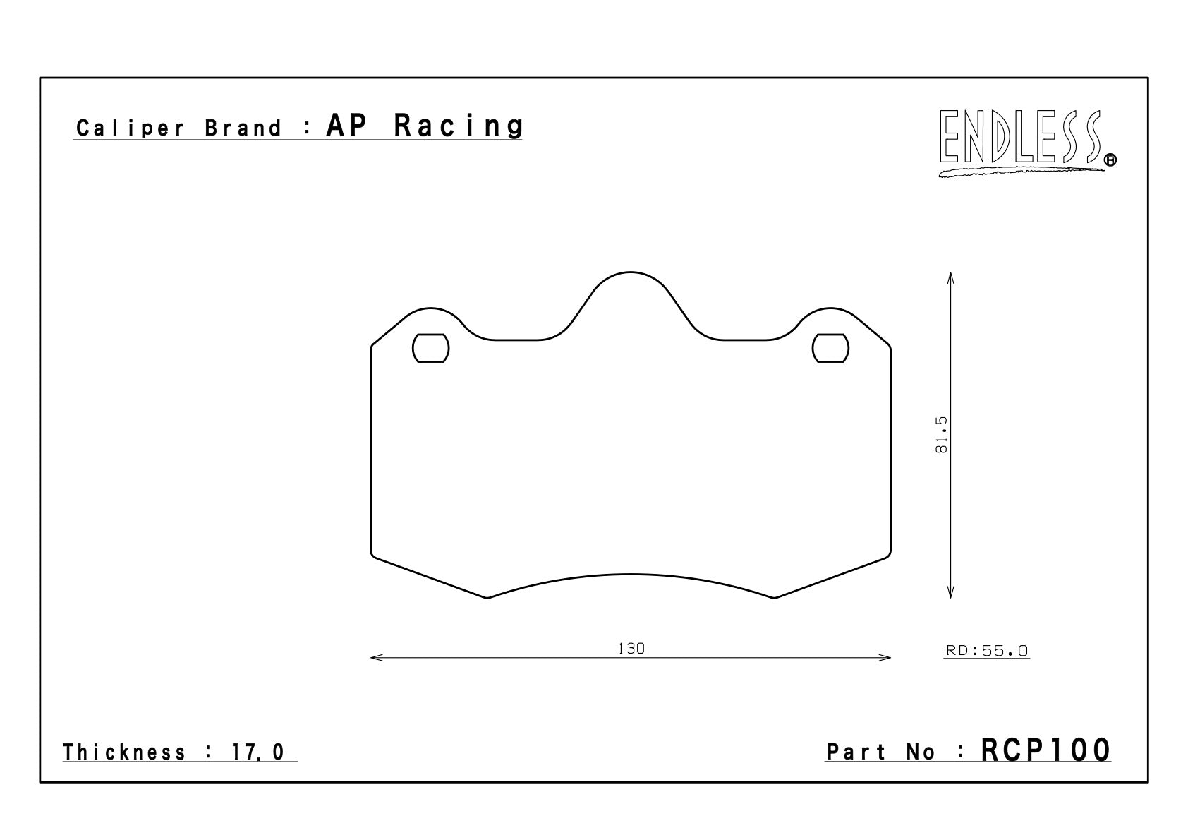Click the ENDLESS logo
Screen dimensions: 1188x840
[1027, 142]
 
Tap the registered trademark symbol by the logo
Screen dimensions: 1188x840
[1110, 160]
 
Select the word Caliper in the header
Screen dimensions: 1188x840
[131, 128]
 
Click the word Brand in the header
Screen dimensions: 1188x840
[243, 128]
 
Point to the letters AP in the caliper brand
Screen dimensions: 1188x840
[347, 126]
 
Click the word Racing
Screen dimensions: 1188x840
[459, 126]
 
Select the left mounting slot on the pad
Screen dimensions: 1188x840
[430, 348]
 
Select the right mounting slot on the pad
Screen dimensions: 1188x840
[830, 348]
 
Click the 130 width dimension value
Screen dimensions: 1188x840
[631, 649]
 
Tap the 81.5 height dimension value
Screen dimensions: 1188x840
[941, 435]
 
